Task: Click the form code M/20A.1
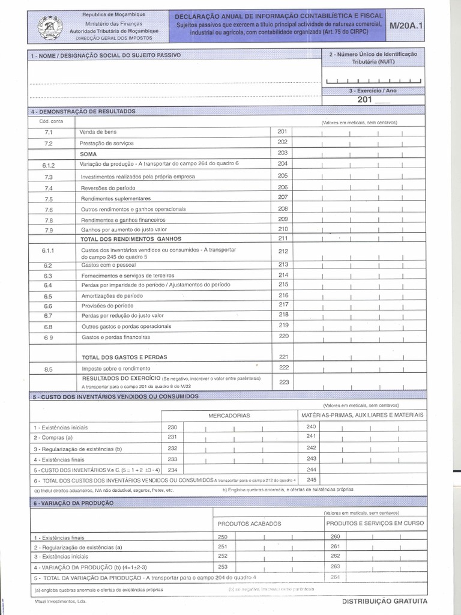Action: (x=405, y=26)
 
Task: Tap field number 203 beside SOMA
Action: (x=283, y=153)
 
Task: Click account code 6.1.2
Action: (x=49, y=165)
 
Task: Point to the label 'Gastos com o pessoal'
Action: (x=108, y=265)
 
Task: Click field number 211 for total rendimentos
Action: (x=283, y=238)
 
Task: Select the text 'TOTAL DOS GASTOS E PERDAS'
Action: (x=124, y=357)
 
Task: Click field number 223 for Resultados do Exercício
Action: (x=284, y=381)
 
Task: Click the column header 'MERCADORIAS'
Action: (x=229, y=415)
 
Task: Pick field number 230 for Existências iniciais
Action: (x=173, y=426)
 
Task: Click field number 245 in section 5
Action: (x=311, y=479)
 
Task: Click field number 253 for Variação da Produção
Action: (x=223, y=566)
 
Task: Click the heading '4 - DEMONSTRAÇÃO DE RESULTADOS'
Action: (x=84, y=112)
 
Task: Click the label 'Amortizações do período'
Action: (x=112, y=296)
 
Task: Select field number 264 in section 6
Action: (x=335, y=577)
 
